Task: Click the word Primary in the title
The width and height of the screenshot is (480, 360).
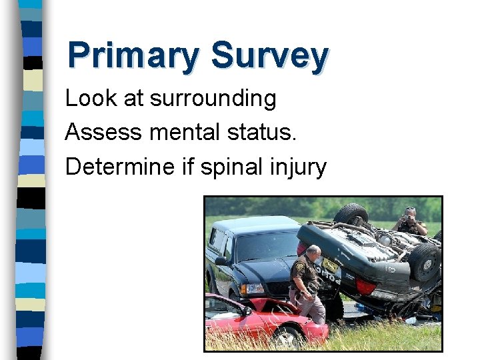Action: (x=133, y=56)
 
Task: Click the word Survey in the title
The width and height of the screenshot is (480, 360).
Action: (x=269, y=56)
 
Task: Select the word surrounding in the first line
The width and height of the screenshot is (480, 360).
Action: (x=213, y=98)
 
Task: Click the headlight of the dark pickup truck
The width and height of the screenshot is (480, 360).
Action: (x=253, y=289)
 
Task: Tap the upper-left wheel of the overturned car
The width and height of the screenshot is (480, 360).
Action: (x=351, y=215)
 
